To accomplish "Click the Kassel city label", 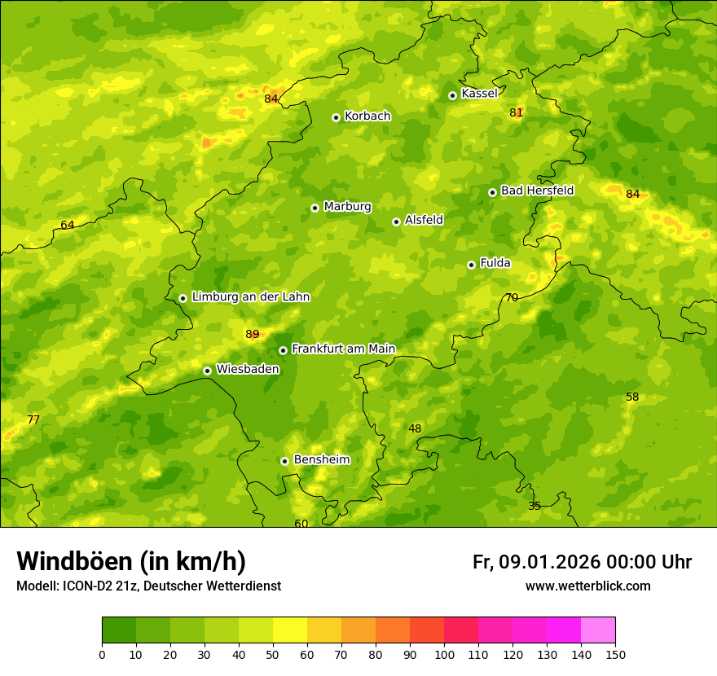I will (479, 94).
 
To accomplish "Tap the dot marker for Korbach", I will (336, 117).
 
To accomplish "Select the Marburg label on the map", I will (347, 207).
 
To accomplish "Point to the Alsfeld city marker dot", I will (396, 222).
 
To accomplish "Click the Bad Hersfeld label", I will (537, 191).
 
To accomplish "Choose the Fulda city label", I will (495, 263).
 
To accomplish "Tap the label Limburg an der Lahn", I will (250, 297).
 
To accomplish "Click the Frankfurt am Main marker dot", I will (283, 350).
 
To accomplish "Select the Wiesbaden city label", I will (248, 369).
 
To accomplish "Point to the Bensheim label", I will (321, 459).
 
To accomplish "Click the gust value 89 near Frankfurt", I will (252, 334).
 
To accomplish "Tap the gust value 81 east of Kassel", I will (516, 112).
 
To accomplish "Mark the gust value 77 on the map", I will (33, 419).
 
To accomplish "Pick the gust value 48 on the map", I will (415, 428).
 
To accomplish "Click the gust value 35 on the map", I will (534, 506).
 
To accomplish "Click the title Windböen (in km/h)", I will (131, 561).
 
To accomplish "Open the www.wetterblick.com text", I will (587, 586).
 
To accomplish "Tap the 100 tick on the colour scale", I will (444, 654).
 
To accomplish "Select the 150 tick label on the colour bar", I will (615, 654).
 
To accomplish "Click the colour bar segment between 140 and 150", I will (598, 630).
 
